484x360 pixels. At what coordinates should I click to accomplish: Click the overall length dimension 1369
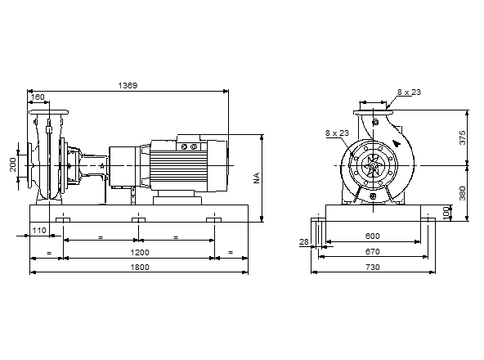(128, 85)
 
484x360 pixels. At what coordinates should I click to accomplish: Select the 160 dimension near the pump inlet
(38, 97)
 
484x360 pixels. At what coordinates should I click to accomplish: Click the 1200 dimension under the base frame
(138, 254)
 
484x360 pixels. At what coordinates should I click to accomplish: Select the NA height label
(256, 177)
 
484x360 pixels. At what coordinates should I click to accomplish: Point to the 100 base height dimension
(446, 211)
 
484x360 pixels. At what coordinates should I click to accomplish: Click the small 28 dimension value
(304, 242)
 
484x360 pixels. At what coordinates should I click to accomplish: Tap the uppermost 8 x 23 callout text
(409, 92)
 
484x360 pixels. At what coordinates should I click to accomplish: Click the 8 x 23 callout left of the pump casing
(336, 133)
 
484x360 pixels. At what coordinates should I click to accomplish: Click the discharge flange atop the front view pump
(374, 110)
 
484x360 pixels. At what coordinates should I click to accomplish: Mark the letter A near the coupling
(102, 166)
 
